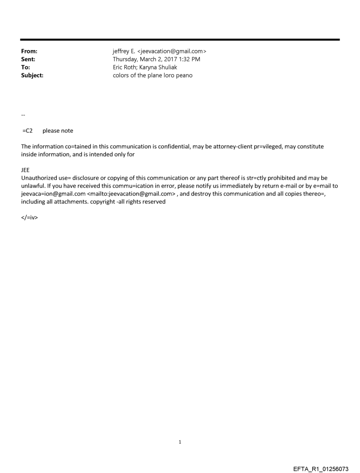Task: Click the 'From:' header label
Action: click(29, 52)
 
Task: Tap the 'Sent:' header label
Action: click(28, 60)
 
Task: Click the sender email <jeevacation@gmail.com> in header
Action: click(172, 52)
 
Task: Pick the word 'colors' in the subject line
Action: click(122, 75)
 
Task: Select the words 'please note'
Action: click(58, 131)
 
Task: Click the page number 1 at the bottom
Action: click(180, 442)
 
